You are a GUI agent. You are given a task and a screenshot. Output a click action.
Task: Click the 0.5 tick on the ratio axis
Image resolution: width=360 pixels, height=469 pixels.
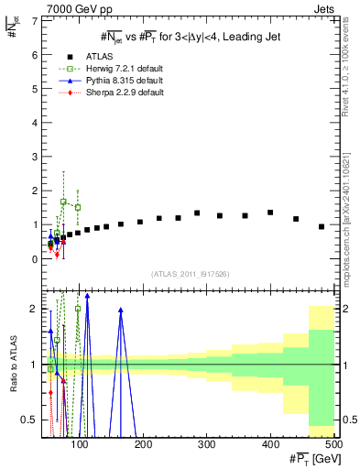tap(30, 420)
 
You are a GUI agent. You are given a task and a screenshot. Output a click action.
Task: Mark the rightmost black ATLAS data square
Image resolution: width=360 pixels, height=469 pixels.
tap(322, 226)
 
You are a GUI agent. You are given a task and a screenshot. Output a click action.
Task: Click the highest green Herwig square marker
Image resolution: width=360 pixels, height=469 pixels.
tap(63, 202)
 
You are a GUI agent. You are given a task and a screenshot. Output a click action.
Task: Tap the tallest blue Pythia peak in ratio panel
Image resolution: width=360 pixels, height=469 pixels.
tap(87, 296)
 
